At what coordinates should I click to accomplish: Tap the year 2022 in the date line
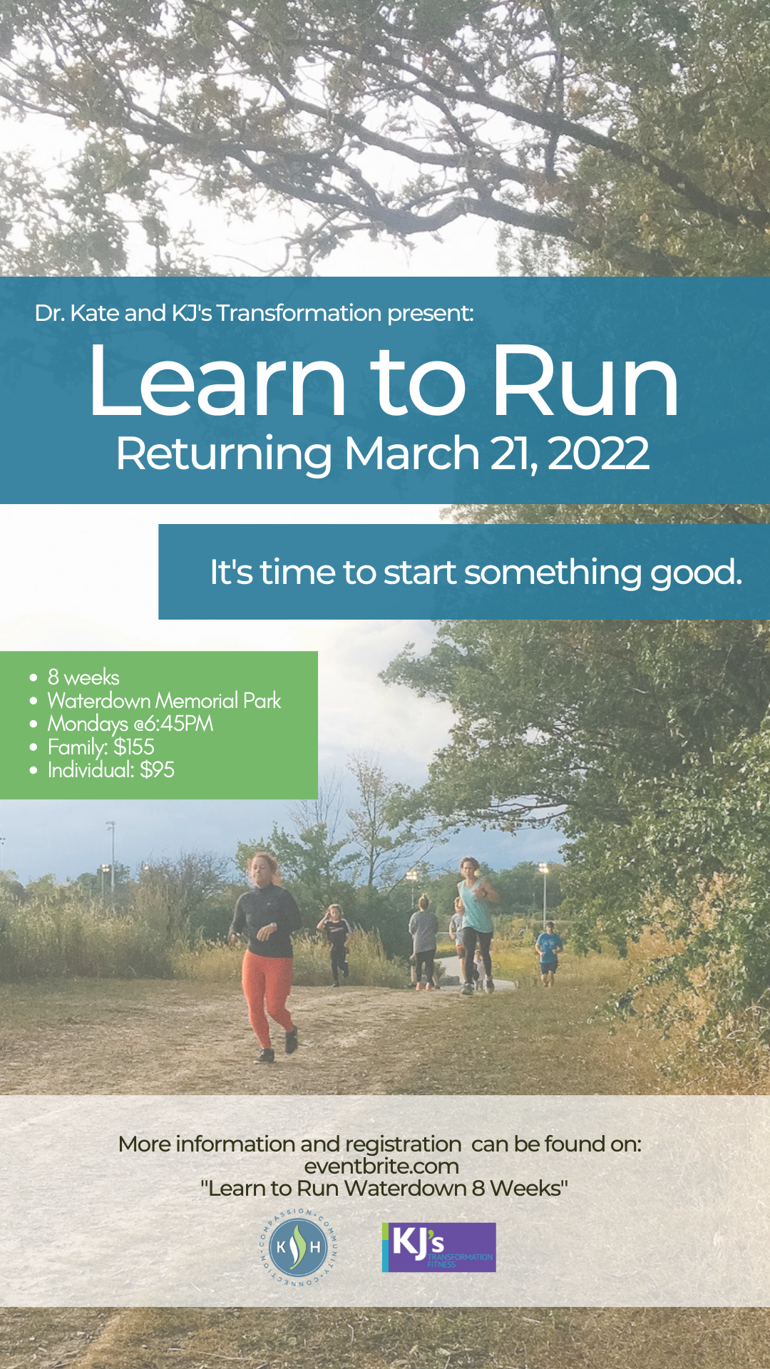(x=598, y=453)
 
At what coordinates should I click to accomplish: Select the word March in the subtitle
(x=412, y=453)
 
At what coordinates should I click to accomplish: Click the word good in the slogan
(x=696, y=573)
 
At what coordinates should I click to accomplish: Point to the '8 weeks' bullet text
(x=83, y=677)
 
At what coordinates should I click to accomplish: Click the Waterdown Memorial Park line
(x=164, y=700)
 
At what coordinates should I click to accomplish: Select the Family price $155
(x=134, y=747)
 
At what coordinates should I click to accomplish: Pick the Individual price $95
(x=157, y=769)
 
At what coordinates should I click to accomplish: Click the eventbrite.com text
(x=381, y=1167)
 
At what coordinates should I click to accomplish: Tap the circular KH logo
(x=299, y=1248)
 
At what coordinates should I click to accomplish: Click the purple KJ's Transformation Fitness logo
(x=439, y=1247)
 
